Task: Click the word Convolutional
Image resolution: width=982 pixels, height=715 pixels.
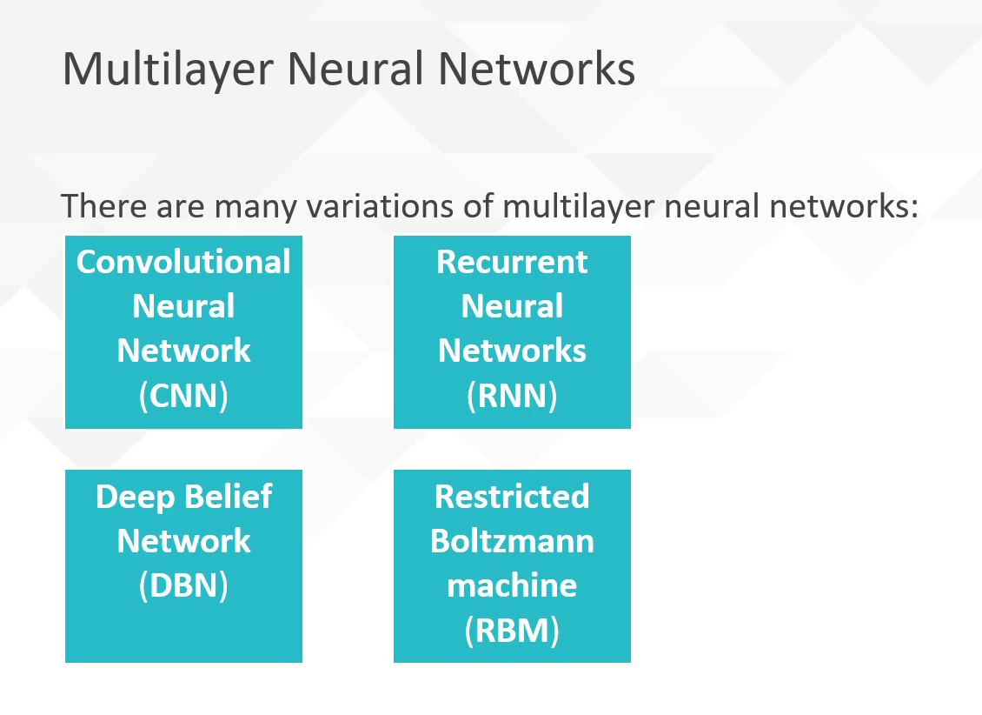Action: [x=183, y=262]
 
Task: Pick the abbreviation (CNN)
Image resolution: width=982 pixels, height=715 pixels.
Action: [x=183, y=395]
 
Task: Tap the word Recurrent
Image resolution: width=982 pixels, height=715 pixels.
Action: [x=512, y=262]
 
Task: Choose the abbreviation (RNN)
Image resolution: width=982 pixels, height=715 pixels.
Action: [x=512, y=395]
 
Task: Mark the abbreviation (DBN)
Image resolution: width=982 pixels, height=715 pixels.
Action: [x=183, y=585]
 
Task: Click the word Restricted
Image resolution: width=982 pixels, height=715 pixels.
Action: [x=512, y=497]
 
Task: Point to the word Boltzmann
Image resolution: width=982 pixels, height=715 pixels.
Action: [x=512, y=541]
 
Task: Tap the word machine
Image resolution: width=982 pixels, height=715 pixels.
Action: [x=512, y=585]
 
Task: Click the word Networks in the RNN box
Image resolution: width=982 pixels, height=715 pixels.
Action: [x=512, y=351]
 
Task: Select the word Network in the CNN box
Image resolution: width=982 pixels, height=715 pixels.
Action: [x=183, y=351]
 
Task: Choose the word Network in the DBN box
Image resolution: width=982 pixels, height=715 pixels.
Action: [x=183, y=541]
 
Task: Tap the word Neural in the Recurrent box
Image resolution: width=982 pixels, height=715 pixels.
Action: [x=512, y=306]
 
